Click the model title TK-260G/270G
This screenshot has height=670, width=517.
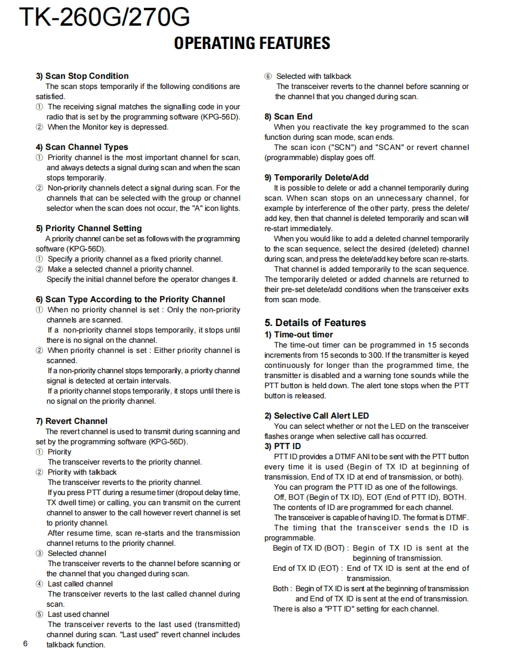point(104,18)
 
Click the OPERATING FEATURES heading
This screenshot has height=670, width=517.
point(252,43)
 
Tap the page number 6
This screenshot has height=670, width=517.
point(25,643)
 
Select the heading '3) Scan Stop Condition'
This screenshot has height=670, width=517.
point(82,76)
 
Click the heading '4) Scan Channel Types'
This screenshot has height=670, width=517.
point(82,147)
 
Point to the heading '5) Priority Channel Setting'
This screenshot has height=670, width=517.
point(88,228)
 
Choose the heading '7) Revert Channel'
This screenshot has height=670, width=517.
point(72,421)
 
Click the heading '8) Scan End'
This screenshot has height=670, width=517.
point(288,116)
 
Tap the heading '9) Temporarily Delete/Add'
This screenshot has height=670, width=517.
point(316,177)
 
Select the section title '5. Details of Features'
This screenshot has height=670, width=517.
point(315,322)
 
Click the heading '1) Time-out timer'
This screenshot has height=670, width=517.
point(298,334)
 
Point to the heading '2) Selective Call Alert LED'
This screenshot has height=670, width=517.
point(316,416)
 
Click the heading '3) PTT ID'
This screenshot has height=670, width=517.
point(282,446)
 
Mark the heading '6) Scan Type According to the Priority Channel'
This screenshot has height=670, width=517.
point(130,299)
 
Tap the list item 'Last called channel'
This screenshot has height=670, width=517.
point(80,583)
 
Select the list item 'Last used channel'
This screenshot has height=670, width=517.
point(78,614)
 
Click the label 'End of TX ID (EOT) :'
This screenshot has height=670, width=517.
point(307,568)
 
